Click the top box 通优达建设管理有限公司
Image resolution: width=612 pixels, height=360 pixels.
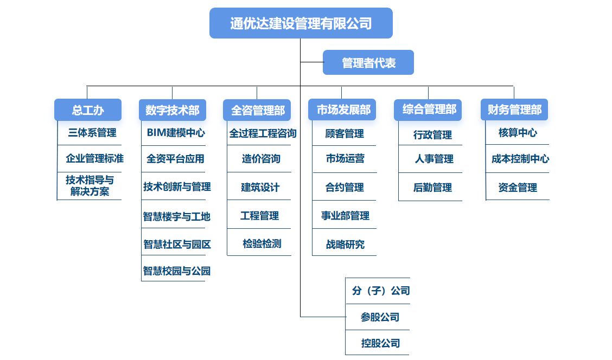pyautogui.click(x=301, y=23)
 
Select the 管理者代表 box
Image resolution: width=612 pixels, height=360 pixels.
pyautogui.click(x=368, y=63)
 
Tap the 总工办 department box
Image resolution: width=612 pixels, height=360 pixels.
pyautogui.click(x=88, y=110)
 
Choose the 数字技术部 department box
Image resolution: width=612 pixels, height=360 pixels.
pyautogui.click(x=173, y=110)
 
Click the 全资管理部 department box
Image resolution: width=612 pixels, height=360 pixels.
pyautogui.click(x=257, y=110)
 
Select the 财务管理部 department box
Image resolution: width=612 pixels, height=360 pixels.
pyautogui.click(x=514, y=110)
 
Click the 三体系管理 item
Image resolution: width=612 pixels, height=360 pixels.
pyautogui.click(x=92, y=132)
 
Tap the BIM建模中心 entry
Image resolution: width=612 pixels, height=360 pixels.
pyautogui.click(x=176, y=132)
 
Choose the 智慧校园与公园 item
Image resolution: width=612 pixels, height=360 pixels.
pyautogui.click(x=176, y=271)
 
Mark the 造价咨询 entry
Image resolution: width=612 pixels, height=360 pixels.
pyautogui.click(x=261, y=159)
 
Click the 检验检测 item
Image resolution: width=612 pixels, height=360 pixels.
pyautogui.click(x=262, y=243)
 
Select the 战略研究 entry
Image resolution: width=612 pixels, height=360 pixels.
pyautogui.click(x=345, y=245)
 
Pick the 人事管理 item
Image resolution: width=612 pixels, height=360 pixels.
pyautogui.click(x=433, y=159)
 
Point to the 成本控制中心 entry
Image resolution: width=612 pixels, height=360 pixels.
pyautogui.click(x=520, y=159)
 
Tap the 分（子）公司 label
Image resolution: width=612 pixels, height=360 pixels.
pyautogui.click(x=380, y=291)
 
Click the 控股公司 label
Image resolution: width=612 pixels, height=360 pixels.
pyautogui.click(x=380, y=343)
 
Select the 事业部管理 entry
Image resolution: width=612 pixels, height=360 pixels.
pyautogui.click(x=345, y=216)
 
